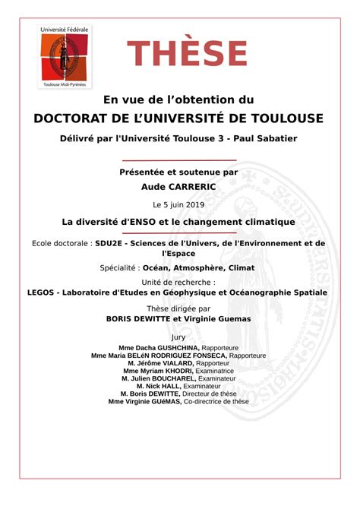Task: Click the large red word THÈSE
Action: point(187,53)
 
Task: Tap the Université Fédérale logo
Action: point(65,57)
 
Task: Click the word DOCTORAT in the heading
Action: point(71,119)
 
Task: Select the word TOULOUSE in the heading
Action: point(283,119)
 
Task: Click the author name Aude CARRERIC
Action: point(178,186)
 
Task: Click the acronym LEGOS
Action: point(43,292)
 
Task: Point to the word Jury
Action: point(179,337)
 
